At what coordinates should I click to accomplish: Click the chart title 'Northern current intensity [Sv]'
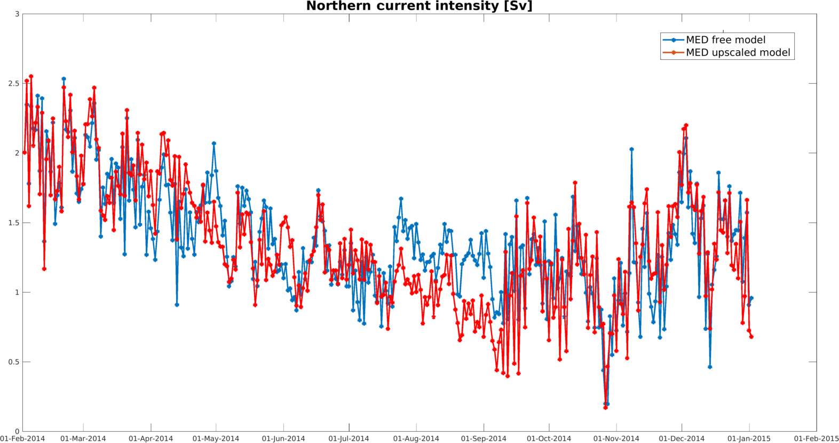point(419,6)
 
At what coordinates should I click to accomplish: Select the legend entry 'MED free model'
point(725,40)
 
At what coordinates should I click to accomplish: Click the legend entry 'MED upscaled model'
point(738,52)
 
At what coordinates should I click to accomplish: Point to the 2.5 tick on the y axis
point(14,84)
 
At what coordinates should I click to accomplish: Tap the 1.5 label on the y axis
point(14,223)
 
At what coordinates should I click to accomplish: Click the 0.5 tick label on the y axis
point(14,362)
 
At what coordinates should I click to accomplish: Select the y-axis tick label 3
point(17,14)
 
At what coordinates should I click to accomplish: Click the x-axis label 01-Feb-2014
point(22,439)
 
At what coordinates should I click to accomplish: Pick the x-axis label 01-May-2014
point(216,439)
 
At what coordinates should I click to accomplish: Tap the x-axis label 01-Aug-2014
point(416,439)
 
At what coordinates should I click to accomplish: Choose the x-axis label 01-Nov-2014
point(616,439)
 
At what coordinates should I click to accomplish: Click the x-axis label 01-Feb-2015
point(816,439)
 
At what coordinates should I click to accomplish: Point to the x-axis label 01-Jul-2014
point(349,439)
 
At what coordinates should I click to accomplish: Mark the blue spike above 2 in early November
point(631,149)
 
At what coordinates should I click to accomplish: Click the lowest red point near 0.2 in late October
point(605,408)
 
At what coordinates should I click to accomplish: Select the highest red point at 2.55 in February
point(31,76)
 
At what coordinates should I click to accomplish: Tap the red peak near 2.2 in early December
point(686,125)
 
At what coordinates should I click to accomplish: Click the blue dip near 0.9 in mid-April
point(177,305)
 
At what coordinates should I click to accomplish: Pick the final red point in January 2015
point(751,337)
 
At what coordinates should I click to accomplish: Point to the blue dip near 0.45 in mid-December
point(710,367)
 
